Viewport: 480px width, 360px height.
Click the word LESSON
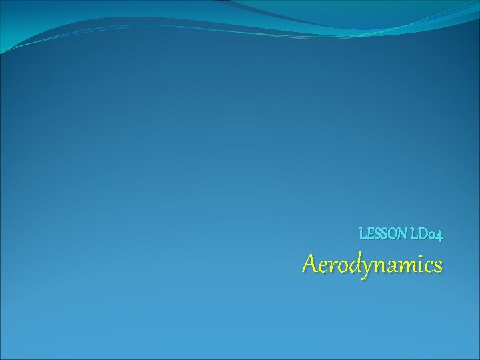[x=383, y=234]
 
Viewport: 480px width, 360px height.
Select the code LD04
[x=427, y=234]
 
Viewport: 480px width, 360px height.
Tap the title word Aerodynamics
[x=372, y=265]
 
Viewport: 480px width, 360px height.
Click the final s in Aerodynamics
[x=436, y=266]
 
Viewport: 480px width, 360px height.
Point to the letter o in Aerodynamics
[x=339, y=266]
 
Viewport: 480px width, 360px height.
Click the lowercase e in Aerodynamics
[x=322, y=266]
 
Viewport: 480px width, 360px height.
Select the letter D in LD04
[x=422, y=234]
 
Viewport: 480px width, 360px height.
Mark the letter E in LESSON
[x=369, y=234]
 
